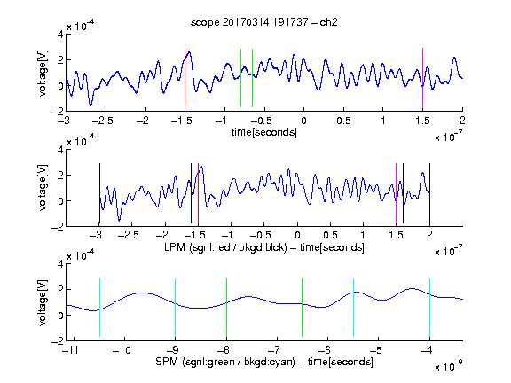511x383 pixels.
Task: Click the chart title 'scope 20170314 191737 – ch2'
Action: pos(264,22)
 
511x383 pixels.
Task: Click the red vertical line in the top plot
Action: pos(185,79)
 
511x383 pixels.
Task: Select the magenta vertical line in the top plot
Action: pos(422,79)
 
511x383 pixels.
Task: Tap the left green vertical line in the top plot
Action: pos(240,78)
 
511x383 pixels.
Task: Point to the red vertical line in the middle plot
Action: pos(198,194)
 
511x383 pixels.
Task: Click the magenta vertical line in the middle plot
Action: pos(396,194)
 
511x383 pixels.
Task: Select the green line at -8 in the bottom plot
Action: pos(226,308)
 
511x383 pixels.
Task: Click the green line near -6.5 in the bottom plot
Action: pos(303,308)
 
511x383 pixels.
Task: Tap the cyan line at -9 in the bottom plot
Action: pos(176,308)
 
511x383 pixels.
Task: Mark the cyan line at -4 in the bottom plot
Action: pos(429,308)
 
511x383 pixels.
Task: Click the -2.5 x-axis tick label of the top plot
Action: pos(103,121)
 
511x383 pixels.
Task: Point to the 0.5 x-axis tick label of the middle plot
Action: pos(330,235)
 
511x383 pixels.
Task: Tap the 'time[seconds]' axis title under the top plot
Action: pos(264,132)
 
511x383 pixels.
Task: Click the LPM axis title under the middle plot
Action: pos(264,247)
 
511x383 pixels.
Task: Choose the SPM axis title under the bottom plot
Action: pos(264,362)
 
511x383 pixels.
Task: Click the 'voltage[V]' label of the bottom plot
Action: pos(43,302)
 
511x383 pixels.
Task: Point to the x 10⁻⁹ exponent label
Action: pos(449,366)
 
